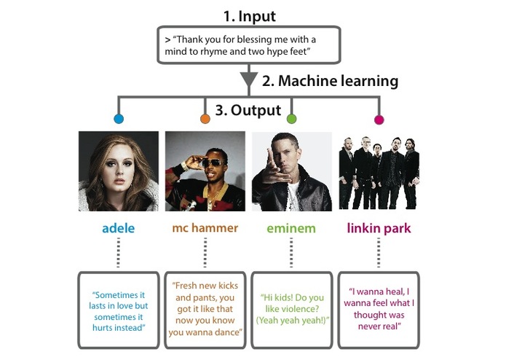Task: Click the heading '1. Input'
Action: click(250, 15)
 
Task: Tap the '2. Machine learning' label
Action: click(330, 82)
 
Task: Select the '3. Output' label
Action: click(248, 111)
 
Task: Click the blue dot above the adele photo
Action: click(119, 119)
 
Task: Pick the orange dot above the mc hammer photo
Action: click(205, 119)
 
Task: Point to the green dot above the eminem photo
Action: click(292, 119)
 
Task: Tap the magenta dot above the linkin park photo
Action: click(379, 119)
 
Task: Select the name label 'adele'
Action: click(118, 228)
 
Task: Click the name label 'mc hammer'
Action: click(205, 228)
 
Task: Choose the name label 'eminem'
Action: click(291, 228)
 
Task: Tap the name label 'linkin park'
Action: click(379, 228)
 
